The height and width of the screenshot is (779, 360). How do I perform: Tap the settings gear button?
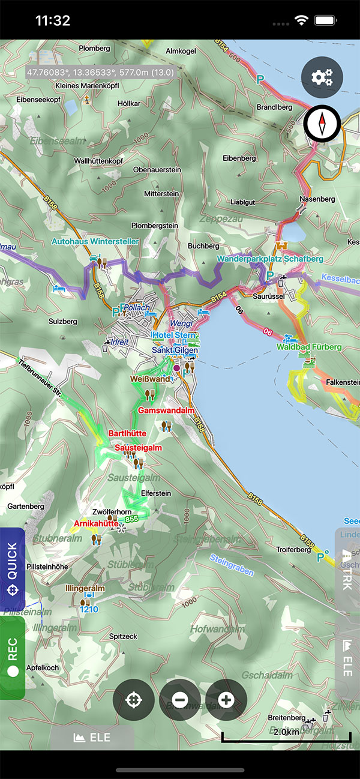322,77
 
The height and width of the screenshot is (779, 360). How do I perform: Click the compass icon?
322,124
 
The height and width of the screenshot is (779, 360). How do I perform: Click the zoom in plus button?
226,700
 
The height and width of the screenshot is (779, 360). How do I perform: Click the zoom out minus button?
180,700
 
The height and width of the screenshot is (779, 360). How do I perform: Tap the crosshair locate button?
134,700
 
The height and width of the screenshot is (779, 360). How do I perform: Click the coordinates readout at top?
100,72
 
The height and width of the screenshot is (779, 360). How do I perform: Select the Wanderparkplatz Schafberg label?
270,259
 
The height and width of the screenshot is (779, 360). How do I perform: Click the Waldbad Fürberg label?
309,347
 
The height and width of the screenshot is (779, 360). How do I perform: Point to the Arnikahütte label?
95,523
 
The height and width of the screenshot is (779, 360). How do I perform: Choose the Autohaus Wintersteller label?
95,241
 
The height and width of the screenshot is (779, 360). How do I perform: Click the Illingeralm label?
85,589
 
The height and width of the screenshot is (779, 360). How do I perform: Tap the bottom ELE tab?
92,737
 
